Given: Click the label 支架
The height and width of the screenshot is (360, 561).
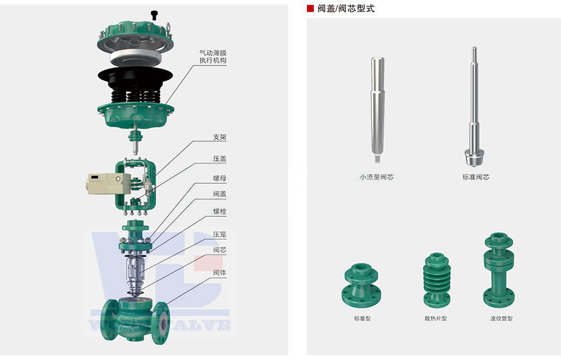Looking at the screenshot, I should point(219,137).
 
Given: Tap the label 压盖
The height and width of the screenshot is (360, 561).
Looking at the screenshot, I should point(219,159).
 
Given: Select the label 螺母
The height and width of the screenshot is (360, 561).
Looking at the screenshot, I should point(219,178).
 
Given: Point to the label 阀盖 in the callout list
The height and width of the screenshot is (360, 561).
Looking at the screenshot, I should point(219,194).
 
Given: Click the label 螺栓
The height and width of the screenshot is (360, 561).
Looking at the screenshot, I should point(219,211).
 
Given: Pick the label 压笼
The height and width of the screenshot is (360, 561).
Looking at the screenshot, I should point(219,235).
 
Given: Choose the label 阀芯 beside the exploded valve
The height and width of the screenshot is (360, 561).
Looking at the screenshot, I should point(219,250).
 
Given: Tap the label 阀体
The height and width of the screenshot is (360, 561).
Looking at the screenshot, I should point(219,272).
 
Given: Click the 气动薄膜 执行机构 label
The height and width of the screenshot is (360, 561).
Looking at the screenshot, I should point(212,57).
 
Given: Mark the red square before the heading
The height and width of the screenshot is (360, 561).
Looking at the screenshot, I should point(310,9).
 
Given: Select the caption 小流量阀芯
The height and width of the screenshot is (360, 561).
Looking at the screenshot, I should point(376,177).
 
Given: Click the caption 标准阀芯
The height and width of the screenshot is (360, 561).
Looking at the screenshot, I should point(475,177).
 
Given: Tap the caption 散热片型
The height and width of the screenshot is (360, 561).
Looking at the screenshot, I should point(436,318).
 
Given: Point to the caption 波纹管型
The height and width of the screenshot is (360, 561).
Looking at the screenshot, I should point(501,318).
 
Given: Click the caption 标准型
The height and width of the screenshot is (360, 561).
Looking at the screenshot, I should point(362,318).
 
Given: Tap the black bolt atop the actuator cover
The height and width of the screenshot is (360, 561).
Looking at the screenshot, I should point(153,14).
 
